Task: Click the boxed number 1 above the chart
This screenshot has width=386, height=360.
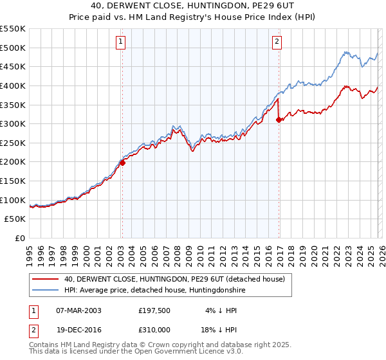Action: point(121,42)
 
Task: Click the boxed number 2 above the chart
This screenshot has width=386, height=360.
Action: point(277,42)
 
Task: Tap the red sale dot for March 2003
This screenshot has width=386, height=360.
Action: point(122,163)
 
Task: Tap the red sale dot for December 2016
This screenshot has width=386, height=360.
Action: point(279,120)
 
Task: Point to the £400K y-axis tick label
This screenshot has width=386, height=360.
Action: point(14,85)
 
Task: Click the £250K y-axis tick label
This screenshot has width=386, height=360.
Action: point(14,143)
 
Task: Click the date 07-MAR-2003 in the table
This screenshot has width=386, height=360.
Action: point(78,310)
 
